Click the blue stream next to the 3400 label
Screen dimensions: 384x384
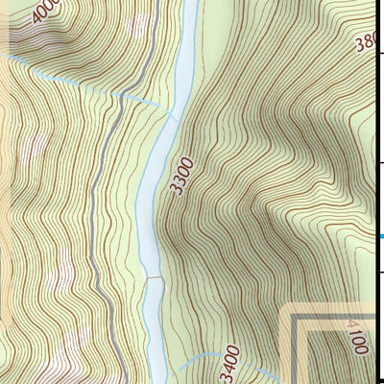point(197,358)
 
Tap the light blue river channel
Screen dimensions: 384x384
point(154,173)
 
